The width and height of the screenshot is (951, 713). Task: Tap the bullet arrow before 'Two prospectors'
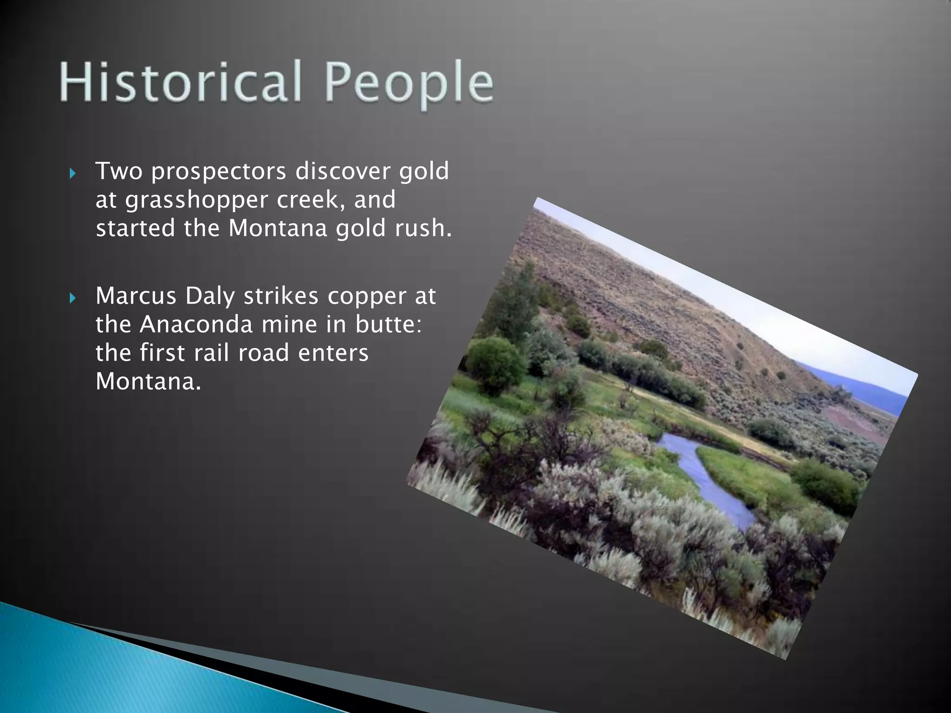(x=72, y=174)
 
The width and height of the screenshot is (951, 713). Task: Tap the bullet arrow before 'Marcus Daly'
(x=72, y=298)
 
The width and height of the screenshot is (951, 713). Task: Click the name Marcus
(x=136, y=296)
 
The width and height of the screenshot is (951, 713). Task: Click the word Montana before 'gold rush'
(x=278, y=228)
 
